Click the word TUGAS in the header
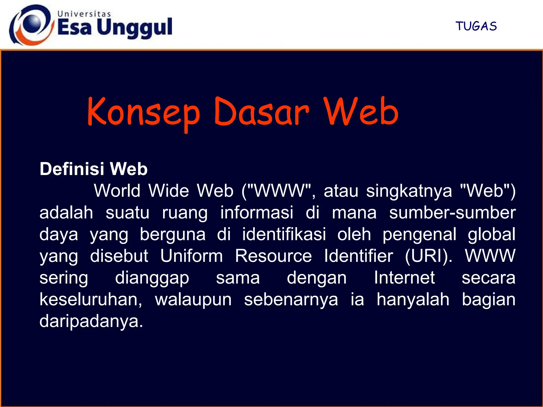[476, 26]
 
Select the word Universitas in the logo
[84, 14]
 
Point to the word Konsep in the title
[143, 113]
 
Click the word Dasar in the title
[261, 113]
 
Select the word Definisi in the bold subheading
[72, 169]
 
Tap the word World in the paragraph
[117, 191]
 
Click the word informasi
[257, 213]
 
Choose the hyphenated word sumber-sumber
[452, 213]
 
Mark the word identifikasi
[284, 234]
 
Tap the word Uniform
[191, 256]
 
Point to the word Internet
[404, 278]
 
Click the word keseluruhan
[91, 299]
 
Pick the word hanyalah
[413, 299]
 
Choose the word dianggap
[152, 278]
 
